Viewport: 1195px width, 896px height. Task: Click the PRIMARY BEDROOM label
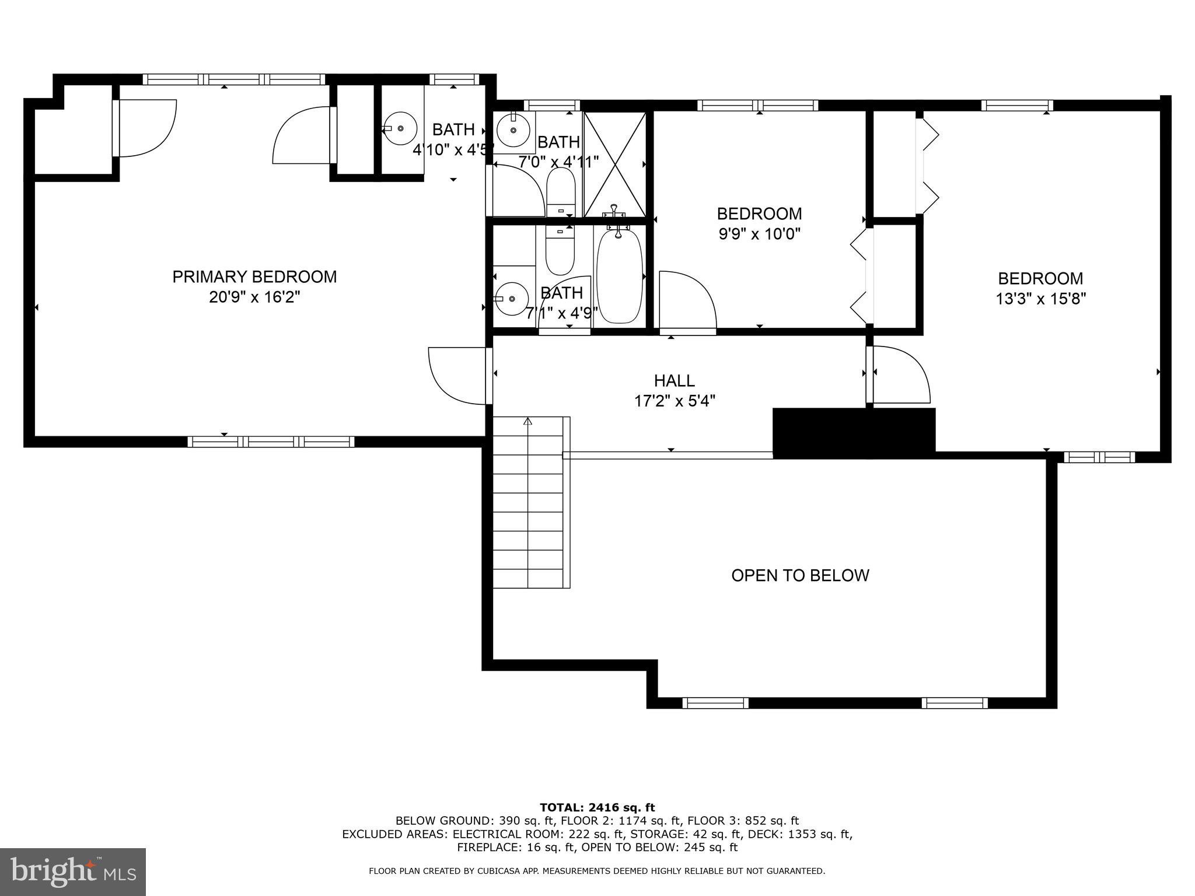254,276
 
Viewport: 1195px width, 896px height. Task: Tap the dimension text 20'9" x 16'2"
254,297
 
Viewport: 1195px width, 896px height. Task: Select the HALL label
674,381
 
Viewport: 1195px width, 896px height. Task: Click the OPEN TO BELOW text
800,576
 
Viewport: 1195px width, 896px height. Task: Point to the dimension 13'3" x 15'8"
1040,299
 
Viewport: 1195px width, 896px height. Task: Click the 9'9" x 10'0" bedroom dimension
759,235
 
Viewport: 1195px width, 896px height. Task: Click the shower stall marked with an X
615,164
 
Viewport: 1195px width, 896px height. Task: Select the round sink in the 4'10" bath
400,128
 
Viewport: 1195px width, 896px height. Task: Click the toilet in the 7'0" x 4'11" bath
561,192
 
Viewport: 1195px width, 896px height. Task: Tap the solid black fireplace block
853,432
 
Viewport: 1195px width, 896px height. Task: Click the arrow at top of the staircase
528,421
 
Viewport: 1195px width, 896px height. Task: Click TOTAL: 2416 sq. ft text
597,808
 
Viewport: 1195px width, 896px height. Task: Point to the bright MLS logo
73,871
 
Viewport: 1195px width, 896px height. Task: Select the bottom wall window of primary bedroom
271,442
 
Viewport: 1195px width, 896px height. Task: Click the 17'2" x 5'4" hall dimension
674,401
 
